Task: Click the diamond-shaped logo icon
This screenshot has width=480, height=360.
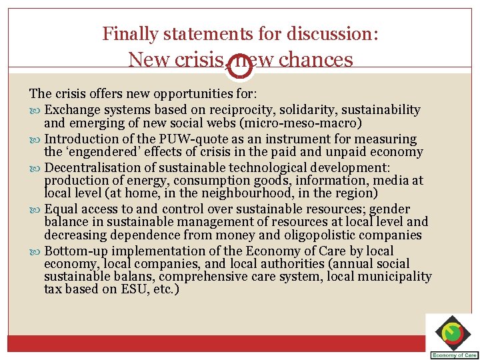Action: click(x=453, y=332)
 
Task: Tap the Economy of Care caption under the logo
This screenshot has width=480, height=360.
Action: click(x=453, y=355)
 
